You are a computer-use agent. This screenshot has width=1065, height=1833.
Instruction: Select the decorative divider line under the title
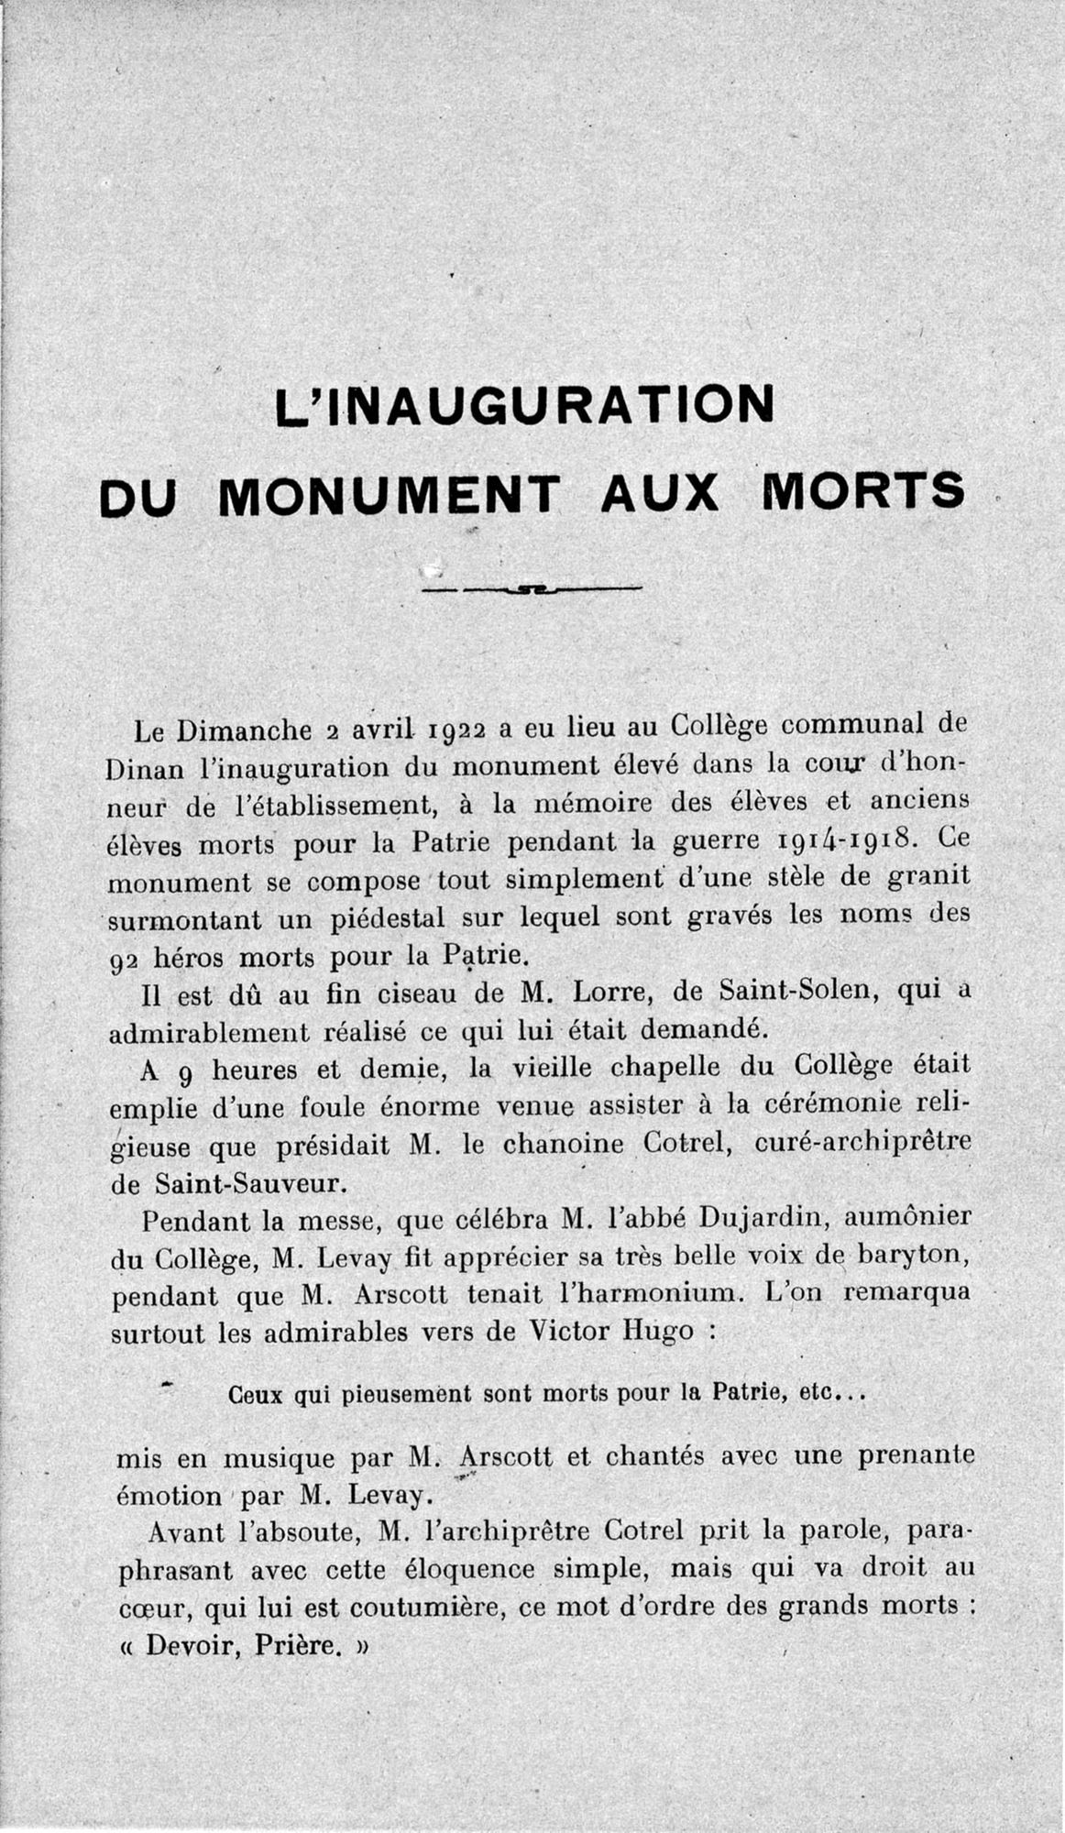point(531,587)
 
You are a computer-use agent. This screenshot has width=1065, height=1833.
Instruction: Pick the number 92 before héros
point(124,960)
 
